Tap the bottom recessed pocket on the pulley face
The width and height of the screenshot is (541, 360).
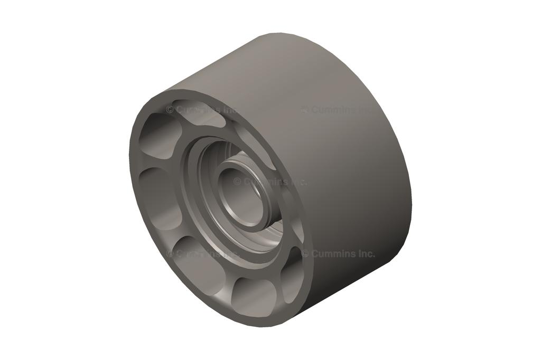tap(254, 296)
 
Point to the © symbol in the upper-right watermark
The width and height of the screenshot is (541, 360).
tap(305, 110)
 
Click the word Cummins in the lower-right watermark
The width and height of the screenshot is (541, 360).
tap(333, 253)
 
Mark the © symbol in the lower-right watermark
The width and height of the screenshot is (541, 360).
tap(305, 253)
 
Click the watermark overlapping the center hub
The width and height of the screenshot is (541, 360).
tap(269, 182)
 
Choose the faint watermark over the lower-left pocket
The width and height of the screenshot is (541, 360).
tap(201, 253)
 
